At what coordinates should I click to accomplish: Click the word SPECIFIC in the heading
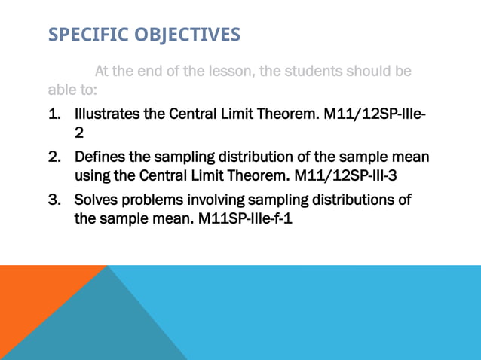83,35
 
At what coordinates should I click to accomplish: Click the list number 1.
54,115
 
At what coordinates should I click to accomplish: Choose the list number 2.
54,157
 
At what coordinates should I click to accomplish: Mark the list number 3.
54,200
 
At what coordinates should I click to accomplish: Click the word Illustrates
108,115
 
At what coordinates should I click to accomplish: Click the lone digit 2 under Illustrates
78,133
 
